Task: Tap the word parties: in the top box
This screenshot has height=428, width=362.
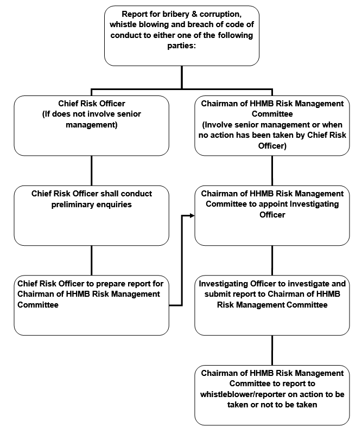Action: click(182, 46)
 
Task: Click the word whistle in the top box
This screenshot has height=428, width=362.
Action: click(123, 24)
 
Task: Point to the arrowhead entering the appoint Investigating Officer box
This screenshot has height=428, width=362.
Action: click(192, 216)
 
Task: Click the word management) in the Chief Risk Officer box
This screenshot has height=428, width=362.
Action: click(92, 125)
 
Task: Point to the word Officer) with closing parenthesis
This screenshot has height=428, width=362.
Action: click(272, 146)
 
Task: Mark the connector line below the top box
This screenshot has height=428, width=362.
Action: click(182, 77)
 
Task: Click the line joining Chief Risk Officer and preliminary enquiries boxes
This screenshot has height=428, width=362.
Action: click(92, 170)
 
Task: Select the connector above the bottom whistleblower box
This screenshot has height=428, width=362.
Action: click(272, 350)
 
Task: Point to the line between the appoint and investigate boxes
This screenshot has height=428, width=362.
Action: click(272, 260)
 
